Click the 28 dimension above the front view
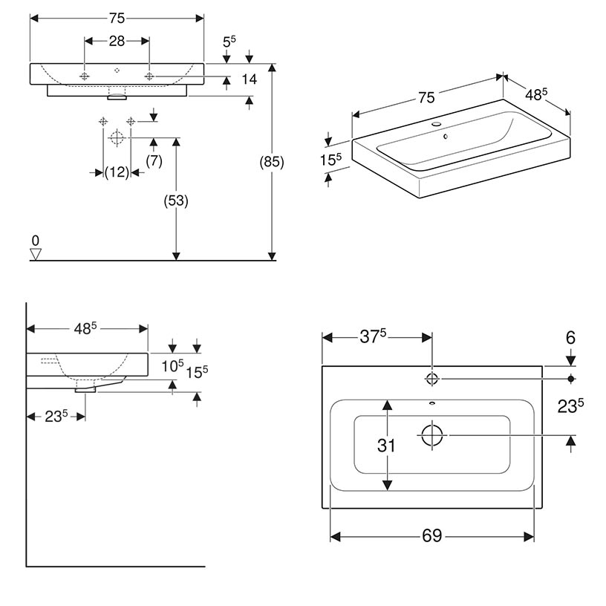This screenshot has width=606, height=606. click(117, 42)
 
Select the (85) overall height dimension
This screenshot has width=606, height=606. click(273, 162)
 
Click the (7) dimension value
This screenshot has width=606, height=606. click(154, 160)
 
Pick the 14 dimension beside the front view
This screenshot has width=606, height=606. click(249, 79)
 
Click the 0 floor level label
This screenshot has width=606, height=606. click(34, 241)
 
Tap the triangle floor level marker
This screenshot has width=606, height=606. click(34, 254)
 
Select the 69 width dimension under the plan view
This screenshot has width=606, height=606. click(431, 535)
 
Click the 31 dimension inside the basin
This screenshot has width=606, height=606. click(386, 446)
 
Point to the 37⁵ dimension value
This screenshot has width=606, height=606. click(374, 337)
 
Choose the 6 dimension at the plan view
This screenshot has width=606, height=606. click(570, 338)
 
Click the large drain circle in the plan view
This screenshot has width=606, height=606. click(431, 434)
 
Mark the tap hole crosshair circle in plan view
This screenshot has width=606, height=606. click(431, 379)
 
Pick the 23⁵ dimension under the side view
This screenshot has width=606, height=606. click(57, 417)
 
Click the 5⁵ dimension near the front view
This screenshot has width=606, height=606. click(229, 42)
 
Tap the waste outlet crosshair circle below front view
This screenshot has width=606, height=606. click(116, 137)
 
